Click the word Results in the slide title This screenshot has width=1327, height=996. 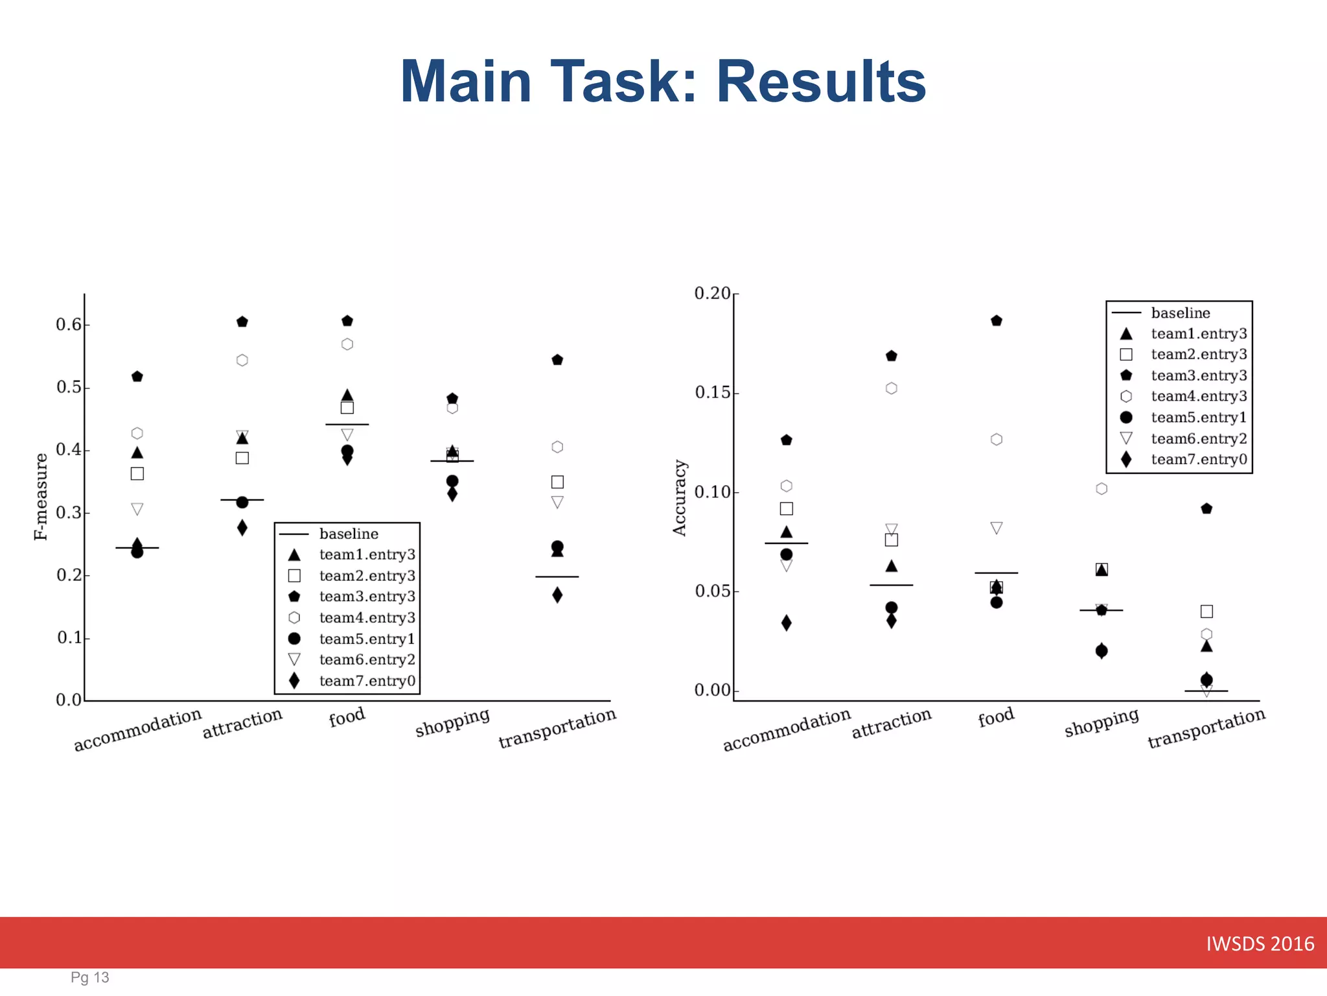click(x=821, y=82)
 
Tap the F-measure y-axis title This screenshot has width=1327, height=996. click(x=41, y=497)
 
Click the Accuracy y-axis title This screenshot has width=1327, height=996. click(x=679, y=498)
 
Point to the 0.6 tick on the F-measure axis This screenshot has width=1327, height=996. click(x=69, y=324)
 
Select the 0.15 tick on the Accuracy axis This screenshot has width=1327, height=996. click(x=713, y=392)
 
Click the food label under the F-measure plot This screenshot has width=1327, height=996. click(x=347, y=717)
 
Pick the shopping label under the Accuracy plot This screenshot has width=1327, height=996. click(x=1101, y=722)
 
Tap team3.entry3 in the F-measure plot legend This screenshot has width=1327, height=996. click(x=367, y=597)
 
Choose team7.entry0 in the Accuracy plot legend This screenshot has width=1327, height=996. click(x=1199, y=460)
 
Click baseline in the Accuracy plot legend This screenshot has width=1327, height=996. click(x=1180, y=313)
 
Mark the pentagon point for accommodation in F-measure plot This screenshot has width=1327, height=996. click(x=137, y=377)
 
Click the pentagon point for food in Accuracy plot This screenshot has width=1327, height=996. click(x=997, y=321)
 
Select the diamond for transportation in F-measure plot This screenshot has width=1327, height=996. click(x=557, y=595)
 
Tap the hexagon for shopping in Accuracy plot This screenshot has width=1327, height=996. click(x=1102, y=489)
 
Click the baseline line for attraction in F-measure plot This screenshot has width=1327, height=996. click(x=242, y=500)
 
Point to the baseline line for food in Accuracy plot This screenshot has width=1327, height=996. click(x=997, y=573)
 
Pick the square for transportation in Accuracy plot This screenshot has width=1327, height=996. click(x=1206, y=611)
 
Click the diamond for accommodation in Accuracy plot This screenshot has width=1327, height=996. click(x=787, y=623)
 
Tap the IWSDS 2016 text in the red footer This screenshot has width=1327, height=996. click(x=1260, y=944)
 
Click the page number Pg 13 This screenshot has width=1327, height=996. click(x=90, y=978)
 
